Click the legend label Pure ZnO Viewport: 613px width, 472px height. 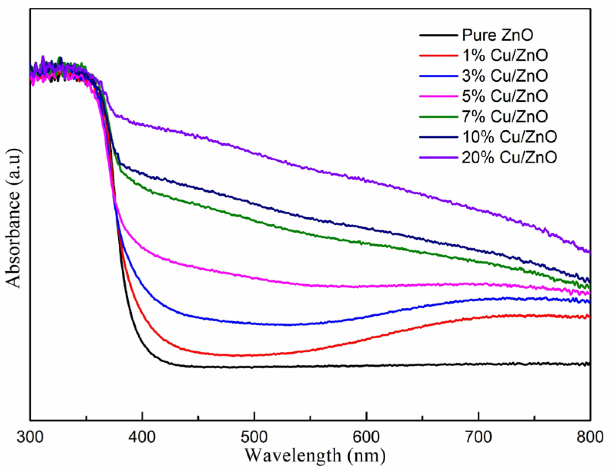[x=497, y=35]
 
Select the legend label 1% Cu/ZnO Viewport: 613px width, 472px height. [x=505, y=55]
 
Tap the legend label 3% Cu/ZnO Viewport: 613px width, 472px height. [x=505, y=76]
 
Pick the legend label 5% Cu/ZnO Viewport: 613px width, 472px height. [x=505, y=96]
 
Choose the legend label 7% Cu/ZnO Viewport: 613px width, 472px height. [x=505, y=116]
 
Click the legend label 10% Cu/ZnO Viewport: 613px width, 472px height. [x=509, y=137]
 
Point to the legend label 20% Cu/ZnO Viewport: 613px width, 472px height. [x=509, y=157]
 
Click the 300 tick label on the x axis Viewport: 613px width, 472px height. [x=30, y=438]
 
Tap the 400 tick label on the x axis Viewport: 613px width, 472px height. [x=142, y=438]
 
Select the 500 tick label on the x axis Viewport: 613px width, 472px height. [x=254, y=438]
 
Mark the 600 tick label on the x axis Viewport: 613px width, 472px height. [x=366, y=438]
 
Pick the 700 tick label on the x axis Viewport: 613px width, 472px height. [x=479, y=438]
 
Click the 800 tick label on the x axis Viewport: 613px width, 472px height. [x=590, y=438]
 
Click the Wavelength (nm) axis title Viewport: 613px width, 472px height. [x=315, y=456]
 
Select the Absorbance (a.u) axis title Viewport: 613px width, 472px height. [x=13, y=218]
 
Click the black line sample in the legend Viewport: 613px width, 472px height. [x=438, y=35]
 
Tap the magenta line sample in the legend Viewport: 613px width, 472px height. [x=438, y=96]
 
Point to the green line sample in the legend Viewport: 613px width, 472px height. [x=438, y=117]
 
